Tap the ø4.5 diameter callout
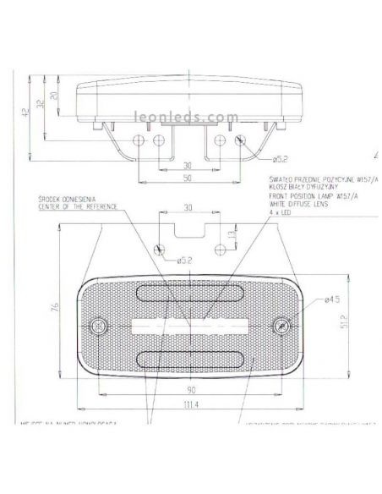pos(333,299)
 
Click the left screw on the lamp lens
pos(99,325)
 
